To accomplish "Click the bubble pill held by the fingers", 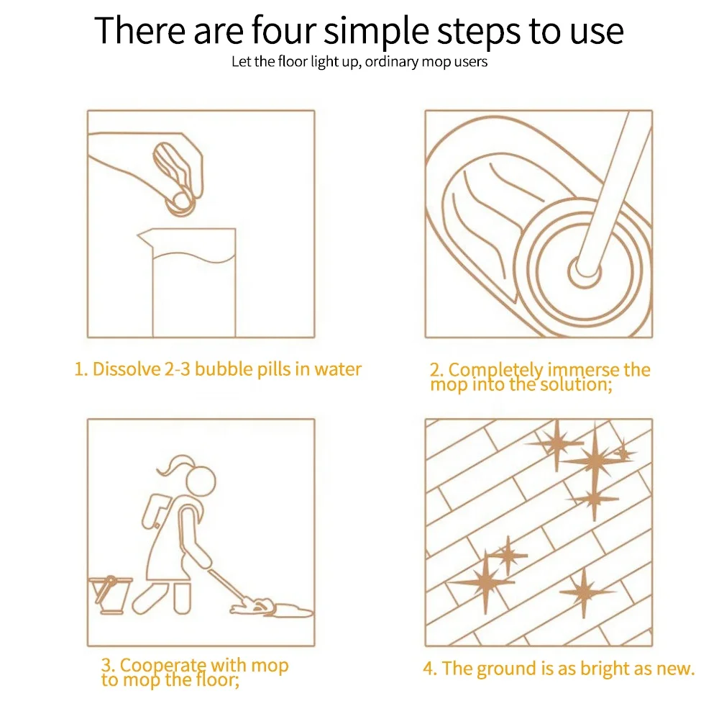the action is point(180,202).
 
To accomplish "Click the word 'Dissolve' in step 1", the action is point(126,369).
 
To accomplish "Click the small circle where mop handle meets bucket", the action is point(584,272).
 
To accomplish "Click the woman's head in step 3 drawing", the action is point(201,481).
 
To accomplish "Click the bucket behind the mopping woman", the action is point(111,595).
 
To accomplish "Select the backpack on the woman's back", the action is point(156,510).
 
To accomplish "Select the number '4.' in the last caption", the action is point(430,669).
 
